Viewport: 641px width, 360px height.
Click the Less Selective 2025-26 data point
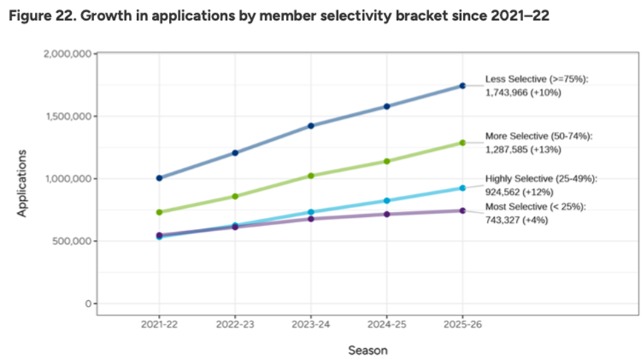pyautogui.click(x=462, y=86)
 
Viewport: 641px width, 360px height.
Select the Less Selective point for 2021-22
pyautogui.click(x=159, y=178)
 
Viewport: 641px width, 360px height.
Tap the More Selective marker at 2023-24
pyautogui.click(x=311, y=176)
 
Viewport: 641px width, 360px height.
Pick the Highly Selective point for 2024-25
pyautogui.click(x=387, y=201)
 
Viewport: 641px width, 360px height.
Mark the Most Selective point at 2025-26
pyautogui.click(x=462, y=210)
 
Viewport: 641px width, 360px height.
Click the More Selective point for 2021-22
pyautogui.click(x=159, y=212)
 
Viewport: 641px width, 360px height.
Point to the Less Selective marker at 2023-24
pyautogui.click(x=311, y=126)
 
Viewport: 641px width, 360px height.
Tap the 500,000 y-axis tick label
pyautogui.click(x=70, y=241)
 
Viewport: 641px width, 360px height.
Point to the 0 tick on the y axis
pyautogui.click(x=87, y=304)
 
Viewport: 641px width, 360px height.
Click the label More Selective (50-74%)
pyautogui.click(x=539, y=137)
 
